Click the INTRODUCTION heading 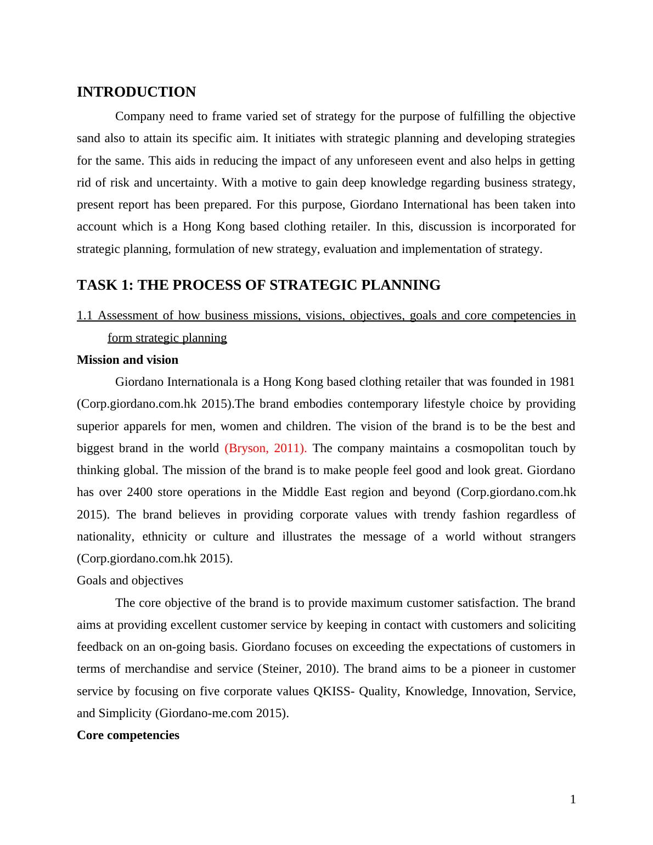[x=136, y=92]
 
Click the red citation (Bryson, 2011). [x=266, y=448]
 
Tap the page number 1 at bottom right [x=573, y=799]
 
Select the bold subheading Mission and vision [x=127, y=360]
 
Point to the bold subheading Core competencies [x=128, y=735]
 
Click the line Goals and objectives [x=130, y=581]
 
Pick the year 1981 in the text [x=561, y=382]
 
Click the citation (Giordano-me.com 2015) [x=222, y=713]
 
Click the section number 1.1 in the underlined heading [x=85, y=316]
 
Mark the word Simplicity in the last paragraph [x=125, y=713]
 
